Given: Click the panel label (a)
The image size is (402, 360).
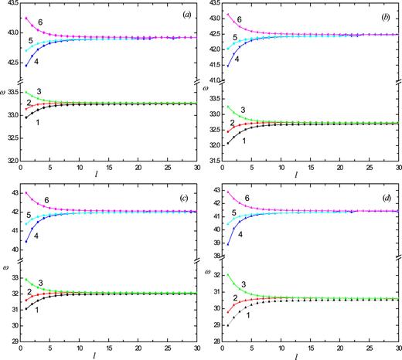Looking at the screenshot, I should click(178, 13).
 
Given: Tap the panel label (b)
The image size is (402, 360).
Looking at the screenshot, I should click(380, 13).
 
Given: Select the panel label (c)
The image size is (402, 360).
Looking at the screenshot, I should click(179, 195).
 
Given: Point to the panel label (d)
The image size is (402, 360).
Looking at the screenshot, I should click(380, 195).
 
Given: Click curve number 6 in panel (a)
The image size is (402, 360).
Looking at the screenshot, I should click(46, 24).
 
